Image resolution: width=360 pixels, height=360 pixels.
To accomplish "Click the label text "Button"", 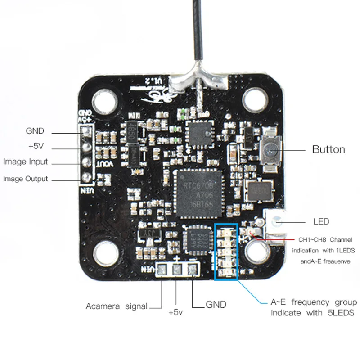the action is coord(328,149).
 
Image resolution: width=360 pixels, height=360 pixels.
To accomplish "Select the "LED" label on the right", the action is coord(321,221).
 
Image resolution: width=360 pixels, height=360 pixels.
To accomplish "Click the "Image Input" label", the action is coord(25,162).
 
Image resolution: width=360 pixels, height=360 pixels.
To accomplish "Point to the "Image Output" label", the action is coord(25,179).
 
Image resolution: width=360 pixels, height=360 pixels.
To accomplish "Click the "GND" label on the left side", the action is coord(35,131).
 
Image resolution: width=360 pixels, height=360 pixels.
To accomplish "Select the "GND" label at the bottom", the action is coord(216,305).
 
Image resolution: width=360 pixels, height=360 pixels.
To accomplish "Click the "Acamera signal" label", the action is coord(117,306).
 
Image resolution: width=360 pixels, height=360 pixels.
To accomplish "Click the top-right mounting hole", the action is coord(255,98).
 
